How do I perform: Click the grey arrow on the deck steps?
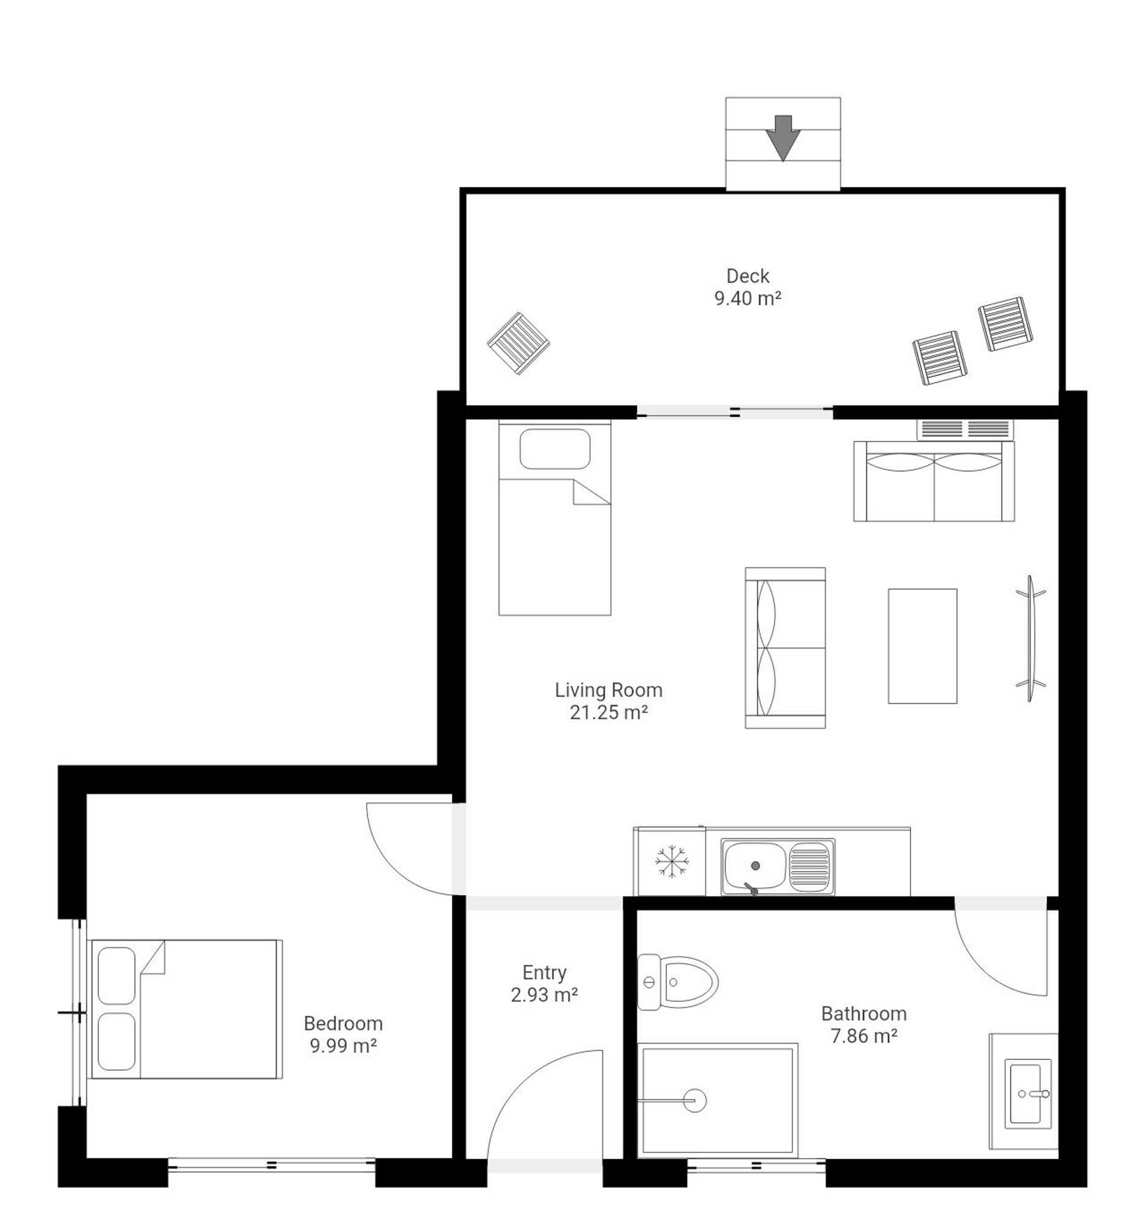(783, 138)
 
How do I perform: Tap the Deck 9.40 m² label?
(747, 287)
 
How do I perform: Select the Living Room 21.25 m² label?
(608, 701)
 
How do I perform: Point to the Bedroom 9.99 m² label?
(342, 1034)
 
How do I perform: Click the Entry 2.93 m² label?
(544, 983)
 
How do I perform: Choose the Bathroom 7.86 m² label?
(863, 1024)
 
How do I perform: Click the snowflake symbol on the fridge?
(671, 860)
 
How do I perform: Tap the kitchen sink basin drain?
(755, 865)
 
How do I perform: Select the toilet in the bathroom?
(677, 982)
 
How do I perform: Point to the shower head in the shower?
(694, 1100)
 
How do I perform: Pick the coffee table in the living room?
(922, 646)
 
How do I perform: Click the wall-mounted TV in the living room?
(1030, 638)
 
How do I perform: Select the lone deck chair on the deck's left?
(518, 343)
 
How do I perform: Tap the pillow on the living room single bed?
(554, 449)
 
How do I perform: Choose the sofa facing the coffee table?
(785, 647)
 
